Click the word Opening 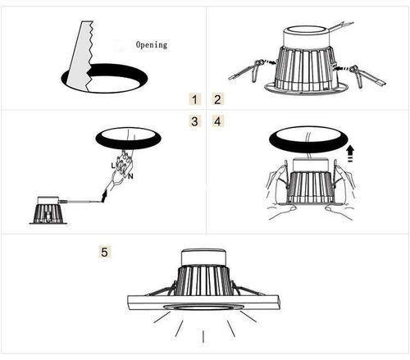point(152,45)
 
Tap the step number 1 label point(194,99)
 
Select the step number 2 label point(217,99)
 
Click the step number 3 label point(194,121)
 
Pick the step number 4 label point(217,121)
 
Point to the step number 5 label point(104,252)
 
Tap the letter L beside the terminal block point(113,166)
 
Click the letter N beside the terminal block point(130,176)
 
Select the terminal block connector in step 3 point(124,162)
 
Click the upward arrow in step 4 point(350,153)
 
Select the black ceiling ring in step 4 point(309,139)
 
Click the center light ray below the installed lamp point(203,336)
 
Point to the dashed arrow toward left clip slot point(271,62)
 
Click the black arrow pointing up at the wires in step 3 point(104,197)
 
